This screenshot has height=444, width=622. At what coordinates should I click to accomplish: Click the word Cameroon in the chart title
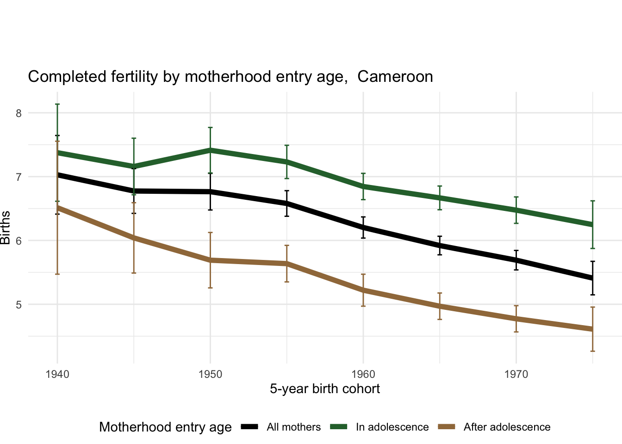tap(395, 77)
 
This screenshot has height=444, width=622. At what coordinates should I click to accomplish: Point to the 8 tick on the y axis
tap(19, 113)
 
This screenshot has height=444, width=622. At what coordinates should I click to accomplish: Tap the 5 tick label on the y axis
tap(19, 305)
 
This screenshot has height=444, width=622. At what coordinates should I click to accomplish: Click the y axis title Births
tap(6, 228)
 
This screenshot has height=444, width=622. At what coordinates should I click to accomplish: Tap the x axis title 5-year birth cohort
tap(325, 389)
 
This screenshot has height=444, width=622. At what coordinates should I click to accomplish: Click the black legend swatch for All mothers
tap(250, 427)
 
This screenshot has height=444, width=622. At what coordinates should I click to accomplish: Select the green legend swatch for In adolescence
tap(339, 427)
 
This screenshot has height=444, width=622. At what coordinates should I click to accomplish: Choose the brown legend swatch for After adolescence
tap(447, 427)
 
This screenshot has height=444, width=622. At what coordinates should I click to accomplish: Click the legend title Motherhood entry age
tap(165, 427)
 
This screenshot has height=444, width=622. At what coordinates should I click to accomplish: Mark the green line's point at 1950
tap(210, 150)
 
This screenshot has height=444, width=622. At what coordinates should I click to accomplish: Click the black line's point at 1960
tap(363, 228)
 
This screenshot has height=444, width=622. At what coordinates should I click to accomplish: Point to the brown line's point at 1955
tap(287, 264)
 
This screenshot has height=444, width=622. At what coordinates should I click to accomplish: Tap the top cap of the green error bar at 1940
tap(57, 105)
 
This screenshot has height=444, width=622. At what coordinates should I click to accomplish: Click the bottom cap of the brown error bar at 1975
tap(592, 351)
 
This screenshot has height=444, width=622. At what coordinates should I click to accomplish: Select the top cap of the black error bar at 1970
tap(516, 250)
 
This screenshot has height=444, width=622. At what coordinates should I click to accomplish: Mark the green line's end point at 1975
tap(592, 225)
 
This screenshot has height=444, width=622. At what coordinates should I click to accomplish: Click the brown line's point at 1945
tap(134, 238)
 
